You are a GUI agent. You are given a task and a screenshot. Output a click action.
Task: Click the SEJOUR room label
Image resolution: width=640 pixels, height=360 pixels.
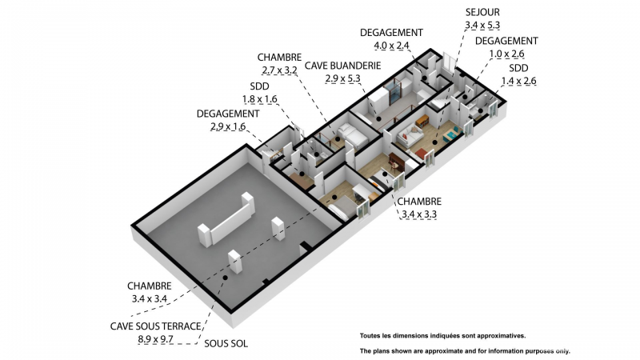(x=482, y=12)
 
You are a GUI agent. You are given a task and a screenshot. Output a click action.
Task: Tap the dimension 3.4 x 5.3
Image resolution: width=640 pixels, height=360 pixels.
(x=482, y=26)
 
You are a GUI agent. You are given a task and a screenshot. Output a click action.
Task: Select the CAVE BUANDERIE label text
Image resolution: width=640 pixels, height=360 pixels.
(x=343, y=66)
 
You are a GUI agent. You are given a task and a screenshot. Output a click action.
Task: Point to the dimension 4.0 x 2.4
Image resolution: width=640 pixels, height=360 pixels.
(x=391, y=46)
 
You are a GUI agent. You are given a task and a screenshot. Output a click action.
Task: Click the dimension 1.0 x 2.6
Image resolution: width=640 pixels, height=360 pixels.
(x=506, y=54)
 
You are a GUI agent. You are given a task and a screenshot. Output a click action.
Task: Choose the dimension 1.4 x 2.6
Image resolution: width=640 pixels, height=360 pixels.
(x=518, y=82)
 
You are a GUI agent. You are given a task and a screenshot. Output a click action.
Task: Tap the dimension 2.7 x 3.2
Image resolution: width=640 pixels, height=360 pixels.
(x=279, y=70)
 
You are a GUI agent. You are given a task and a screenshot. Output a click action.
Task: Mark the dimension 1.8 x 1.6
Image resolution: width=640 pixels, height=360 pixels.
(x=259, y=99)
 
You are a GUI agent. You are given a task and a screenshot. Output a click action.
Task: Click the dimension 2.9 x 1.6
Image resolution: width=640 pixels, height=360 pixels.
(x=228, y=126)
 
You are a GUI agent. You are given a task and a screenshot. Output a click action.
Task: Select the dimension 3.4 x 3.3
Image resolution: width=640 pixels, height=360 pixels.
(x=419, y=214)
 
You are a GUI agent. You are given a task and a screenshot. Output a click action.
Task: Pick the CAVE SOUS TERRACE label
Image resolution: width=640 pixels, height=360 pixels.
(x=155, y=326)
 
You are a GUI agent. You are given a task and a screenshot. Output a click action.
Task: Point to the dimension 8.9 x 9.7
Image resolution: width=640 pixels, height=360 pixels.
(x=155, y=339)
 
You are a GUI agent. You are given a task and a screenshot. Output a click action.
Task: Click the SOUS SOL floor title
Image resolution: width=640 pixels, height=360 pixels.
(x=226, y=344)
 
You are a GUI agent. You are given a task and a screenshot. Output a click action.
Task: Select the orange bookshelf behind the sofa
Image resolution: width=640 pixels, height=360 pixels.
(x=422, y=121)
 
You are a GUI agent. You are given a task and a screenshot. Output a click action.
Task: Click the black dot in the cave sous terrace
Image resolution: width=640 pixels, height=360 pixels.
(x=225, y=278)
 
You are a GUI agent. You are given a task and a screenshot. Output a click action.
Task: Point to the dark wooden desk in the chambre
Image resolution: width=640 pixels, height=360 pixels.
(x=396, y=162)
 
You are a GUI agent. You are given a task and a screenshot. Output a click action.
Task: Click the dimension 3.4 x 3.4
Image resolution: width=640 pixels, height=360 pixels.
(x=150, y=298)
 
